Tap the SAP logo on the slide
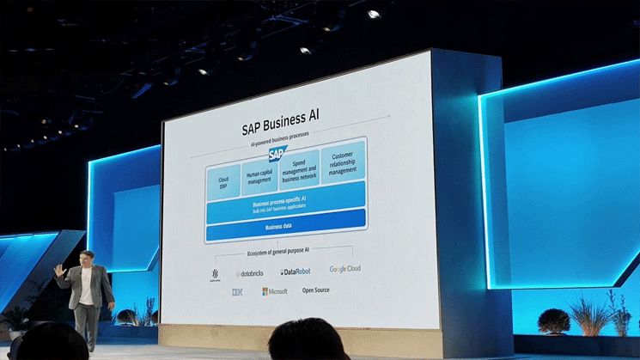(277, 155)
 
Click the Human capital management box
(259, 178)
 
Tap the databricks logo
(250, 273)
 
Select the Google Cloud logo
(344, 269)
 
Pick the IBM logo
(235, 293)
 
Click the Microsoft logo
(275, 291)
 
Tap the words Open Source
(316, 290)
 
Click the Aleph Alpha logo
(215, 275)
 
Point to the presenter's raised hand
(59, 270)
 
